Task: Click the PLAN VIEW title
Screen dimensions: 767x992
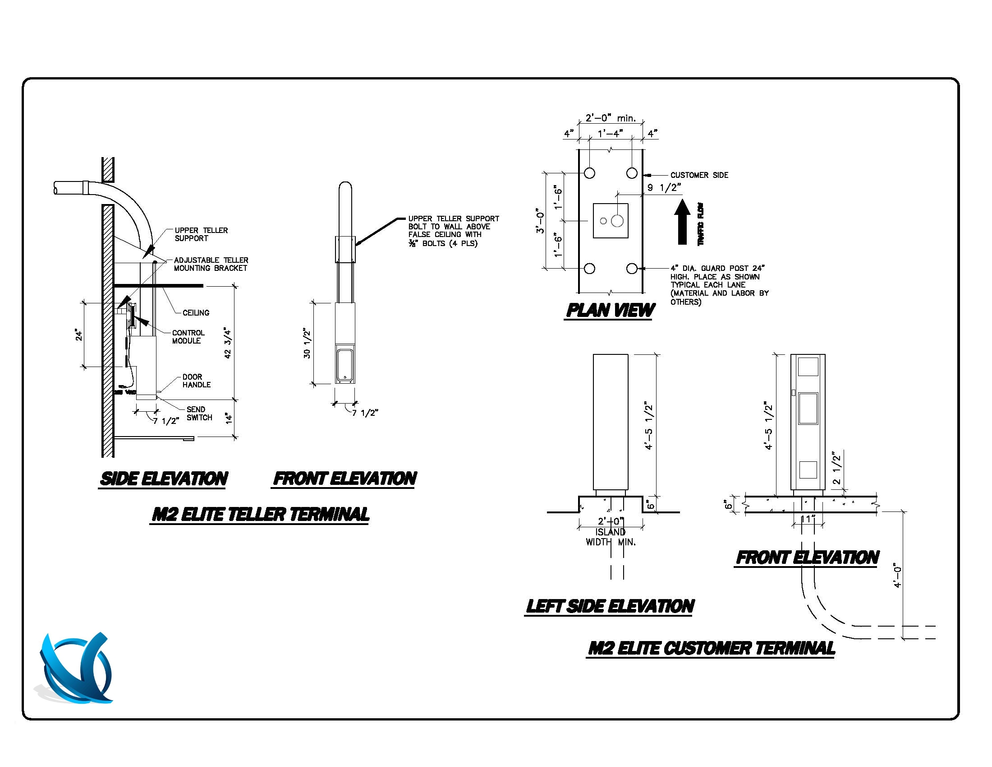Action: (610, 310)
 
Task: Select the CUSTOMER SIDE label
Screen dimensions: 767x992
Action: (699, 175)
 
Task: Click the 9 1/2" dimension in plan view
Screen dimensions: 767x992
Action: (664, 187)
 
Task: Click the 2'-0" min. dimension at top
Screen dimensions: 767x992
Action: (610, 118)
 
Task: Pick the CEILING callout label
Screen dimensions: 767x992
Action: (196, 313)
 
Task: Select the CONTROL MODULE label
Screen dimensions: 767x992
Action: (188, 337)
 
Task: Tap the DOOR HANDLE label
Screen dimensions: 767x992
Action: (196, 381)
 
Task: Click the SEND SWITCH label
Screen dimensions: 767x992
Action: (199, 413)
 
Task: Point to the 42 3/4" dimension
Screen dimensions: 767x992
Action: (228, 344)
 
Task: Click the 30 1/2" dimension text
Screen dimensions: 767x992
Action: (307, 343)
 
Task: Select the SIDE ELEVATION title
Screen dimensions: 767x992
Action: (164, 479)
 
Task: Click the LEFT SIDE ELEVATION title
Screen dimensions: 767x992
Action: (610, 606)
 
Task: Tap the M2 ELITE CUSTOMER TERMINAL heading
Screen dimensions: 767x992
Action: (711, 648)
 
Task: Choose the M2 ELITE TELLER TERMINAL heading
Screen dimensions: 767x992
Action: (260, 515)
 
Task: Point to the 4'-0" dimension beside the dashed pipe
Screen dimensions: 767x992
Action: (897, 577)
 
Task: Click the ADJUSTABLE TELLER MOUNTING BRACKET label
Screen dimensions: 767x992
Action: (211, 264)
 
